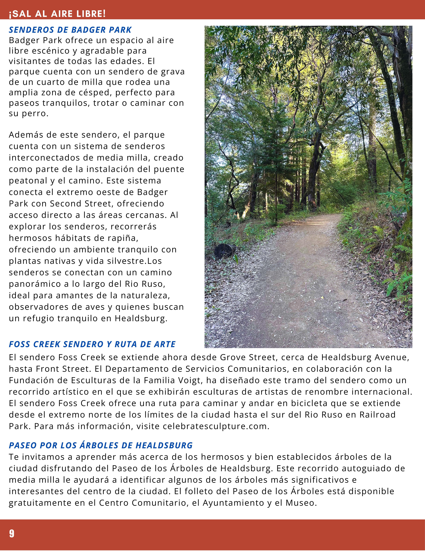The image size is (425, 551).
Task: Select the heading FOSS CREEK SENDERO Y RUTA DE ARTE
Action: point(92,344)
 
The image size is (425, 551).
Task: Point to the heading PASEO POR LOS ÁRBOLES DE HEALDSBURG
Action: point(101,445)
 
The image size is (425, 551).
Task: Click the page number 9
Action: point(12,534)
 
